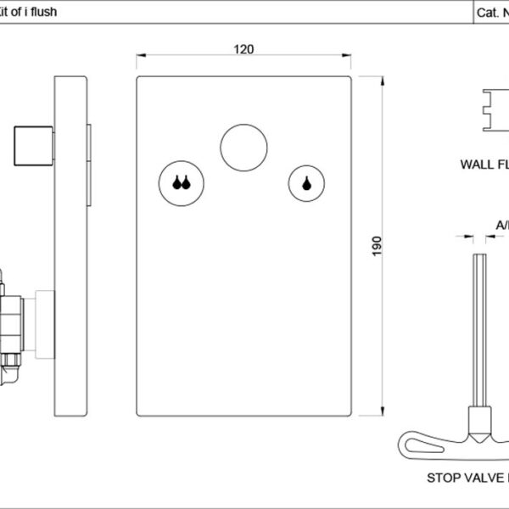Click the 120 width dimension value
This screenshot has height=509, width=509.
(243, 49)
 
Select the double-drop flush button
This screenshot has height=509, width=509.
(179, 182)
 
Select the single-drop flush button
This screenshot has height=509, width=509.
(306, 182)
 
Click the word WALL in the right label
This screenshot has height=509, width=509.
(477, 164)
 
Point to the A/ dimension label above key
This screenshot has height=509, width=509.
(501, 225)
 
